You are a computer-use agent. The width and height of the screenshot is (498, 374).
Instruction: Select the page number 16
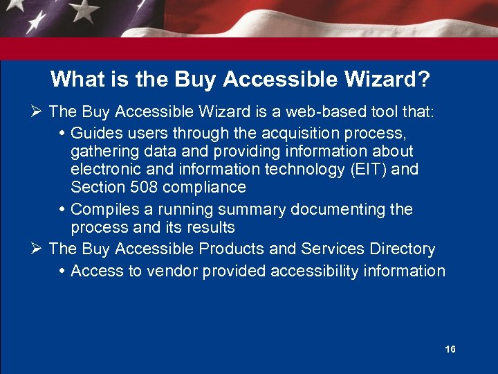(x=450, y=349)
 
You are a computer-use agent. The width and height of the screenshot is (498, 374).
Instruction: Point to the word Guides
(x=95, y=132)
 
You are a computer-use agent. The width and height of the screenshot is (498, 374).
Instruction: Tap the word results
(x=210, y=228)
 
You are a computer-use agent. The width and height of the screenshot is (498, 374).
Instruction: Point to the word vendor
(x=163, y=271)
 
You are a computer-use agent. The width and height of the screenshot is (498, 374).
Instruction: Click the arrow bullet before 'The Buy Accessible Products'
(x=39, y=249)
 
